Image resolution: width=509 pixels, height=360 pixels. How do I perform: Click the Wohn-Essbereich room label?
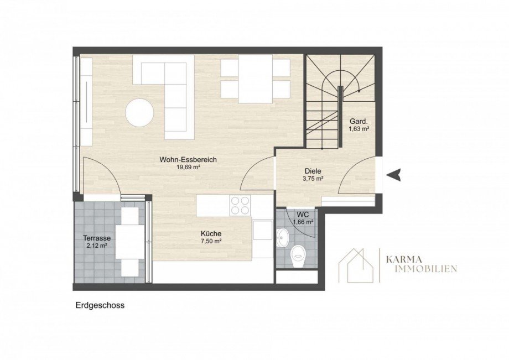pyautogui.click(x=188, y=160)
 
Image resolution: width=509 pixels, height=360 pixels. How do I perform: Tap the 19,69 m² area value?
pyautogui.click(x=188, y=168)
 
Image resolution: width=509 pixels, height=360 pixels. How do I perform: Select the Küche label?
pyautogui.click(x=211, y=233)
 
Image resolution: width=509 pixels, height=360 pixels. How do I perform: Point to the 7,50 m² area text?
pyautogui.click(x=211, y=241)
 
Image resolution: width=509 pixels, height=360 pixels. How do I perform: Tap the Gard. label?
pyautogui.click(x=359, y=122)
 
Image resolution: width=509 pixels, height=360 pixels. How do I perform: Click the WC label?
pyautogui.click(x=303, y=215)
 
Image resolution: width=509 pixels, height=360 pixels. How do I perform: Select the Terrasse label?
pyautogui.click(x=97, y=238)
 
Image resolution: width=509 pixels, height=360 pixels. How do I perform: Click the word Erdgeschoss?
pyautogui.click(x=100, y=305)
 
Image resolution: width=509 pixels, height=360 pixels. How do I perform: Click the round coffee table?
pyautogui.click(x=139, y=113)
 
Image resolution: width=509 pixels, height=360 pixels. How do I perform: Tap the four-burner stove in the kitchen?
pyautogui.click(x=240, y=206)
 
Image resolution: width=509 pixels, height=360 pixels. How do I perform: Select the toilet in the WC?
pyautogui.click(x=298, y=256)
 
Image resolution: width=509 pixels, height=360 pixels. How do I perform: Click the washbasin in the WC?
pyautogui.click(x=283, y=237)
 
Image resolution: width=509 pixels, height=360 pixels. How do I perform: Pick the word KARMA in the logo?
pyautogui.click(x=404, y=259)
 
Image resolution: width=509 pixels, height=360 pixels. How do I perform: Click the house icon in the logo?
pyautogui.click(x=357, y=266)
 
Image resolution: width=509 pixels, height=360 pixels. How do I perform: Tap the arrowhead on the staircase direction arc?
pyautogui.click(x=359, y=91)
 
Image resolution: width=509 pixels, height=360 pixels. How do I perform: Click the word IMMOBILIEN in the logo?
pyautogui.click(x=422, y=269)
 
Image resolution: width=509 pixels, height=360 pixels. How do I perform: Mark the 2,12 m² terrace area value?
pyautogui.click(x=97, y=246)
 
